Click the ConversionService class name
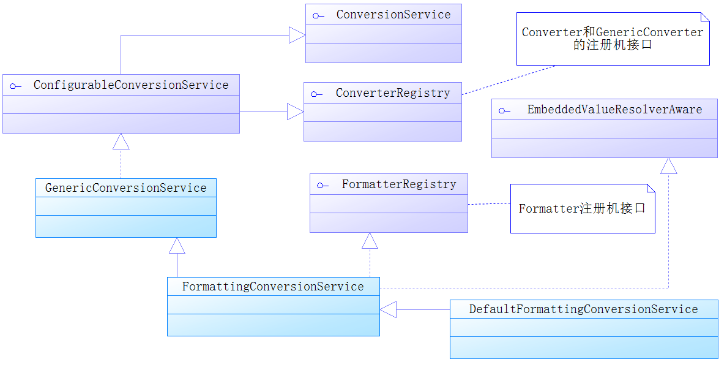coord(393,15)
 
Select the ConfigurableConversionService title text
coord(131,85)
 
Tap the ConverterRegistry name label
coord(393,93)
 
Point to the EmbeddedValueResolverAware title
coord(614,110)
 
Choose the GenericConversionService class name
coord(125,188)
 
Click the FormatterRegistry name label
coord(399,184)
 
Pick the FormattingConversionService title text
coord(273,287)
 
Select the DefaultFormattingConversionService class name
coord(583,309)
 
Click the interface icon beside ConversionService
coord(318,16)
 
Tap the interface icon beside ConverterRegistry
coord(316,94)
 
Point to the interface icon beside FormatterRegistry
coord(322,186)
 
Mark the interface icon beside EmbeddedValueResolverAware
coord(504,111)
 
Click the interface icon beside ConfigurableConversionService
coord(15,86)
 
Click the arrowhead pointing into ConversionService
coord(297,36)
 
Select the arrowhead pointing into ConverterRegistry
coord(296,112)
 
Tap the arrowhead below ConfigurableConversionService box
coord(121,142)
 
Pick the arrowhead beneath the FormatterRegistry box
coord(370,241)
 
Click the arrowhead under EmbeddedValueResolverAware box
coord(669,165)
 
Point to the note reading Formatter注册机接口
coord(583,208)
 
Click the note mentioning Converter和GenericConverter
coord(613,39)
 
